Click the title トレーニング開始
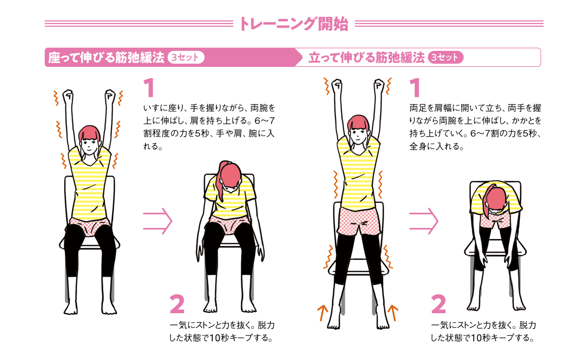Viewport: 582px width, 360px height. tap(294, 24)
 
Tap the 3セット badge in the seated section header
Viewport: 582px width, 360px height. tap(186, 57)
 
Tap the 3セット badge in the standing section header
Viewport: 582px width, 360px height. tap(445, 57)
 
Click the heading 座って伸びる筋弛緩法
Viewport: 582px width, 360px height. tap(106, 58)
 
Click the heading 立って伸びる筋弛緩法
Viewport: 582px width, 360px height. tap(366, 58)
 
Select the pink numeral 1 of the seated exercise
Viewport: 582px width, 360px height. tap(150, 88)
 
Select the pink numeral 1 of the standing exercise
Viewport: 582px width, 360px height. tap(415, 88)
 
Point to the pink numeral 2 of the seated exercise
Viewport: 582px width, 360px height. tap(177, 304)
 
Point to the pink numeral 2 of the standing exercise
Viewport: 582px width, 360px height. tap(439, 304)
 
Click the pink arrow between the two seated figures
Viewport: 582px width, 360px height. tap(157, 221)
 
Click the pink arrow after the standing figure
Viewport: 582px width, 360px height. tap(424, 221)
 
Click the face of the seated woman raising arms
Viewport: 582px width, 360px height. tap(89, 146)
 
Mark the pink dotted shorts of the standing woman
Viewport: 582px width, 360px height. tap(359, 221)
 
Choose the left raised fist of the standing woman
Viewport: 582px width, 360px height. tap(337, 86)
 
